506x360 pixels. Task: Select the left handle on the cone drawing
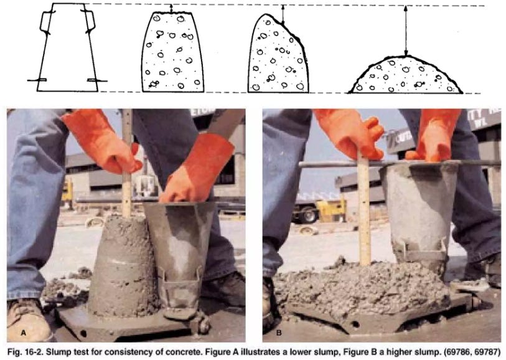(x=45, y=22)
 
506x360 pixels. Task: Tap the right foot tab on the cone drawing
(x=97, y=80)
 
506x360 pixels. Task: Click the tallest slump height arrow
(x=406, y=31)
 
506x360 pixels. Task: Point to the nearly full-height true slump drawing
(x=172, y=52)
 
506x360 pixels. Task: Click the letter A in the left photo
(x=23, y=333)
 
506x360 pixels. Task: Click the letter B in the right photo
(x=279, y=333)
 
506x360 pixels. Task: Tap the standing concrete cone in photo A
(x=123, y=267)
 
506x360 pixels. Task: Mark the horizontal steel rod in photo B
(x=400, y=164)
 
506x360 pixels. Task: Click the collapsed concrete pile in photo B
(x=361, y=288)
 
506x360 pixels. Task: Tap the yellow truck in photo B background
(x=331, y=209)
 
